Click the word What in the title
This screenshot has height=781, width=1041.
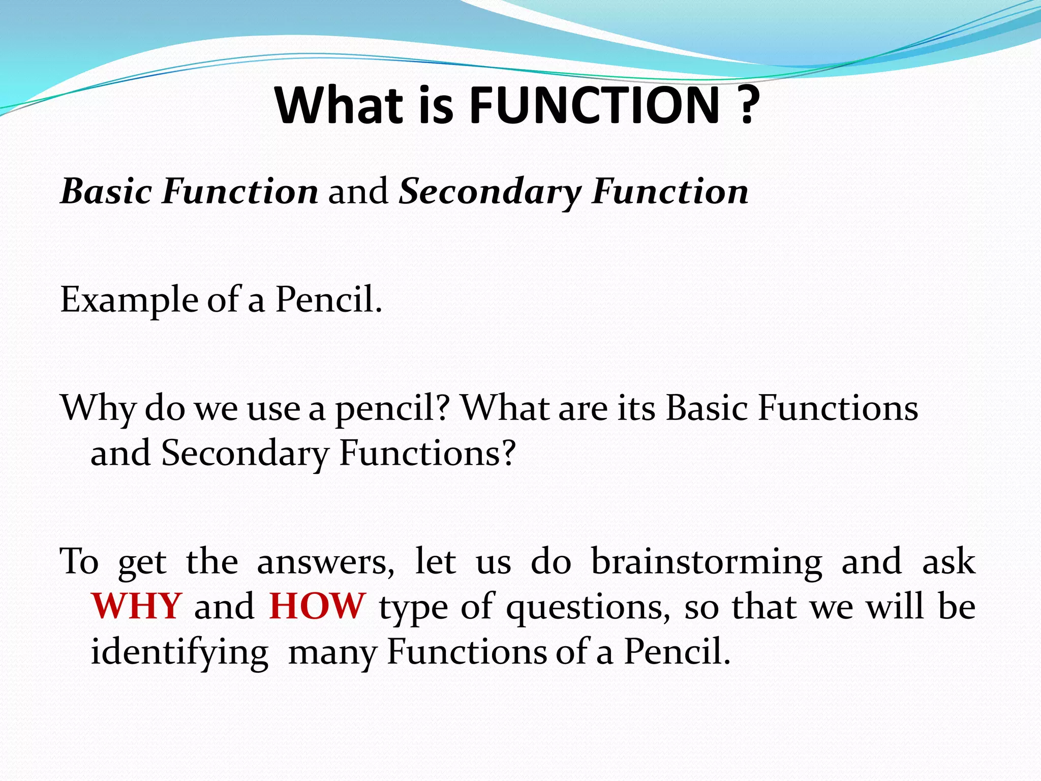pos(339,105)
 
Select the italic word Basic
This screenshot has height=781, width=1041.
pos(106,192)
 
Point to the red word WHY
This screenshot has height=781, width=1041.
pos(136,606)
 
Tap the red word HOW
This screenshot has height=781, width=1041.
pos(317,606)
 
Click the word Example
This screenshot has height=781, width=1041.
pos(129,300)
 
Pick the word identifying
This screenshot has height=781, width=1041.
pos(179,652)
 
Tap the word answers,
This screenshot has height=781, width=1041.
pos(325,562)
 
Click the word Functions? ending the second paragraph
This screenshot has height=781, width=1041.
pos(427,453)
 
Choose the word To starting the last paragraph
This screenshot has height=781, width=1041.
pos(79,561)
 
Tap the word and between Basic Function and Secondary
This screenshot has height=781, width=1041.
pos(358,192)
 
